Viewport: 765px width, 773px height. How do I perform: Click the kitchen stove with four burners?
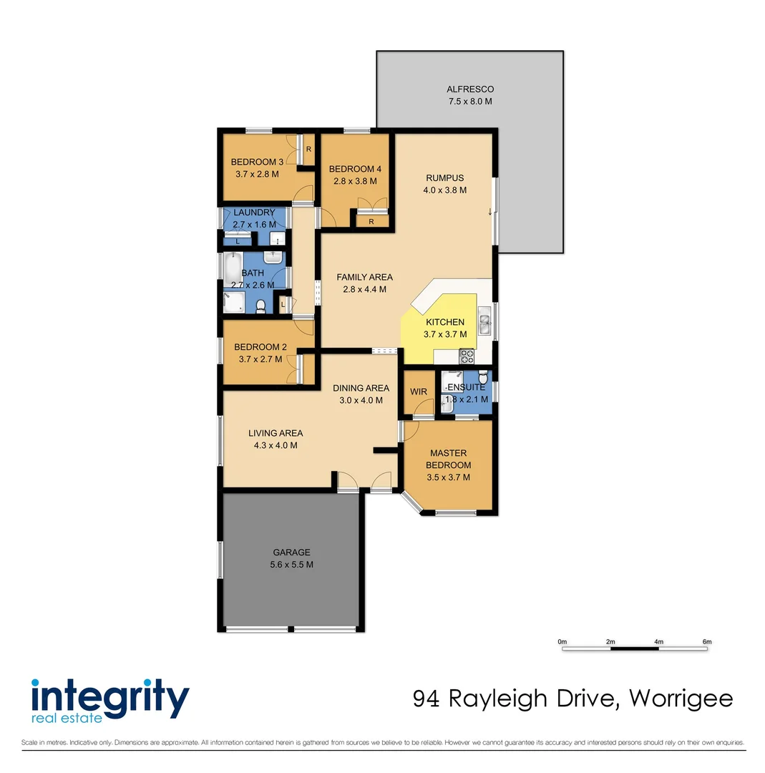click(467, 354)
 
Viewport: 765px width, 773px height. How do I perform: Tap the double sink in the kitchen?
click(484, 324)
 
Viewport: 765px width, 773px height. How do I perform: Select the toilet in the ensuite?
click(482, 376)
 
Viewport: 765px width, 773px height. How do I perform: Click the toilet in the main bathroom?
click(261, 306)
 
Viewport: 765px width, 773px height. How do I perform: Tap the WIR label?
click(418, 392)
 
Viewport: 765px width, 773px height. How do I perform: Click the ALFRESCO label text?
click(470, 89)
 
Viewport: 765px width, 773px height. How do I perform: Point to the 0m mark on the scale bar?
click(562, 642)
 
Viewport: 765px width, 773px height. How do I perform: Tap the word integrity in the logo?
click(109, 694)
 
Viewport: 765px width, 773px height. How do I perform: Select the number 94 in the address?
click(427, 698)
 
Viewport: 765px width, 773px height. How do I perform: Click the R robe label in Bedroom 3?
click(308, 150)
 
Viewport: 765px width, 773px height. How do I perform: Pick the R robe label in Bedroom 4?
click(371, 222)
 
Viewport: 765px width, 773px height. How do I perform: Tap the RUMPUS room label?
click(445, 178)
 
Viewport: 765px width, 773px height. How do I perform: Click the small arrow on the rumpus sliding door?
click(489, 211)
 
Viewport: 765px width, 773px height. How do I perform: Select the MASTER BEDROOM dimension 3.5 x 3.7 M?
click(448, 477)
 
